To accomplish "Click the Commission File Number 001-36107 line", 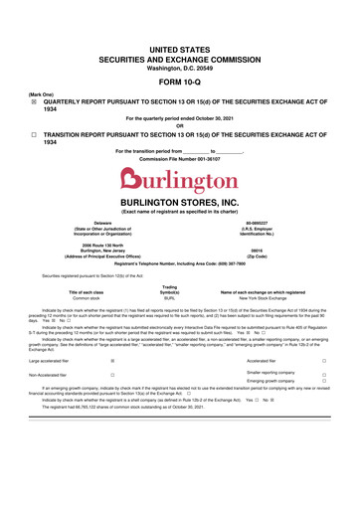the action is [179, 160].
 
